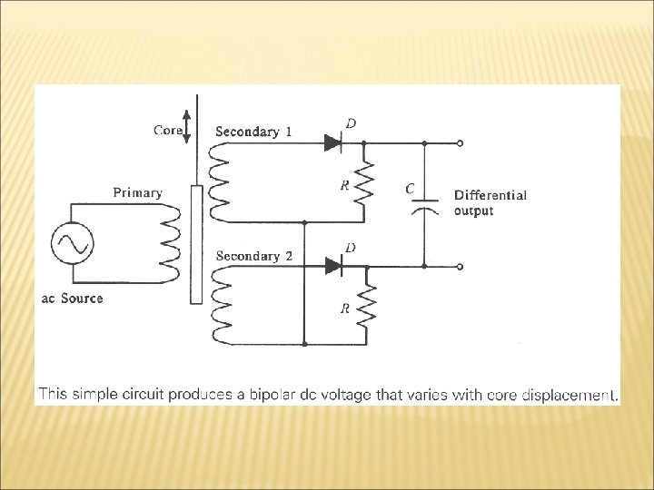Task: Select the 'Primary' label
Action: pyautogui.click(x=137, y=192)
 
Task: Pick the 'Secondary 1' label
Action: pyautogui.click(x=253, y=132)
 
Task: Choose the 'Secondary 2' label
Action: pyautogui.click(x=253, y=256)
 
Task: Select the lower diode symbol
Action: pyautogui.click(x=332, y=267)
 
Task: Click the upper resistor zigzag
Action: pyautogui.click(x=363, y=184)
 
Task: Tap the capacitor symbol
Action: pyautogui.click(x=424, y=204)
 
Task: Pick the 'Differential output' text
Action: pyautogui.click(x=490, y=202)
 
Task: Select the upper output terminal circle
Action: pyautogui.click(x=461, y=143)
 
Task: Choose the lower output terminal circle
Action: pyautogui.click(x=461, y=267)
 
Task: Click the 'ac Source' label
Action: pyautogui.click(x=72, y=299)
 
